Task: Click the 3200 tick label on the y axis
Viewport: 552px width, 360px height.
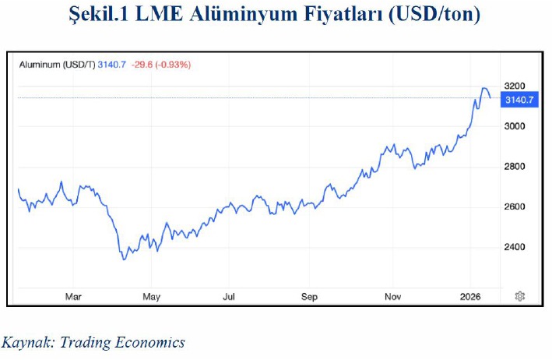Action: (515, 86)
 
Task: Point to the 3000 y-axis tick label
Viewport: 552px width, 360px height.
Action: (515, 126)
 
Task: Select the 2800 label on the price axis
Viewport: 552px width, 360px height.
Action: (515, 167)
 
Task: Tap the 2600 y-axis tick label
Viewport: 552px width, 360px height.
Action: (515, 207)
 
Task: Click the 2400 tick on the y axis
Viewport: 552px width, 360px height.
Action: (515, 248)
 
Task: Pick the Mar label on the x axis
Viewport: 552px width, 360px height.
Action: (73, 296)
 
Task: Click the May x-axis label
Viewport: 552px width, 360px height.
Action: (152, 296)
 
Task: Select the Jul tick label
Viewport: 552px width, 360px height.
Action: (230, 296)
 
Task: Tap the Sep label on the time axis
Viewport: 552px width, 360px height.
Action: (310, 296)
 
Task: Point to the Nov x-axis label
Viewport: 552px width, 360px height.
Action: (392, 296)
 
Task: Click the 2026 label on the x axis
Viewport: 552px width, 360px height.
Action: (470, 296)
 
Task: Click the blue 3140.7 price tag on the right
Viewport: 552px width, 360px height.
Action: (519, 100)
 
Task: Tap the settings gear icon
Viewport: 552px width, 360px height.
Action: (519, 296)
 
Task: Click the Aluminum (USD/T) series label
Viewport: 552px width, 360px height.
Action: (56, 64)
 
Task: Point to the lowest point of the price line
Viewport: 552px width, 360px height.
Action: (124, 259)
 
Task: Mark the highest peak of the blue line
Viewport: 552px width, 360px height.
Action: (484, 89)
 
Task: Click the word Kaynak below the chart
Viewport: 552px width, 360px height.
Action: (26, 342)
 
